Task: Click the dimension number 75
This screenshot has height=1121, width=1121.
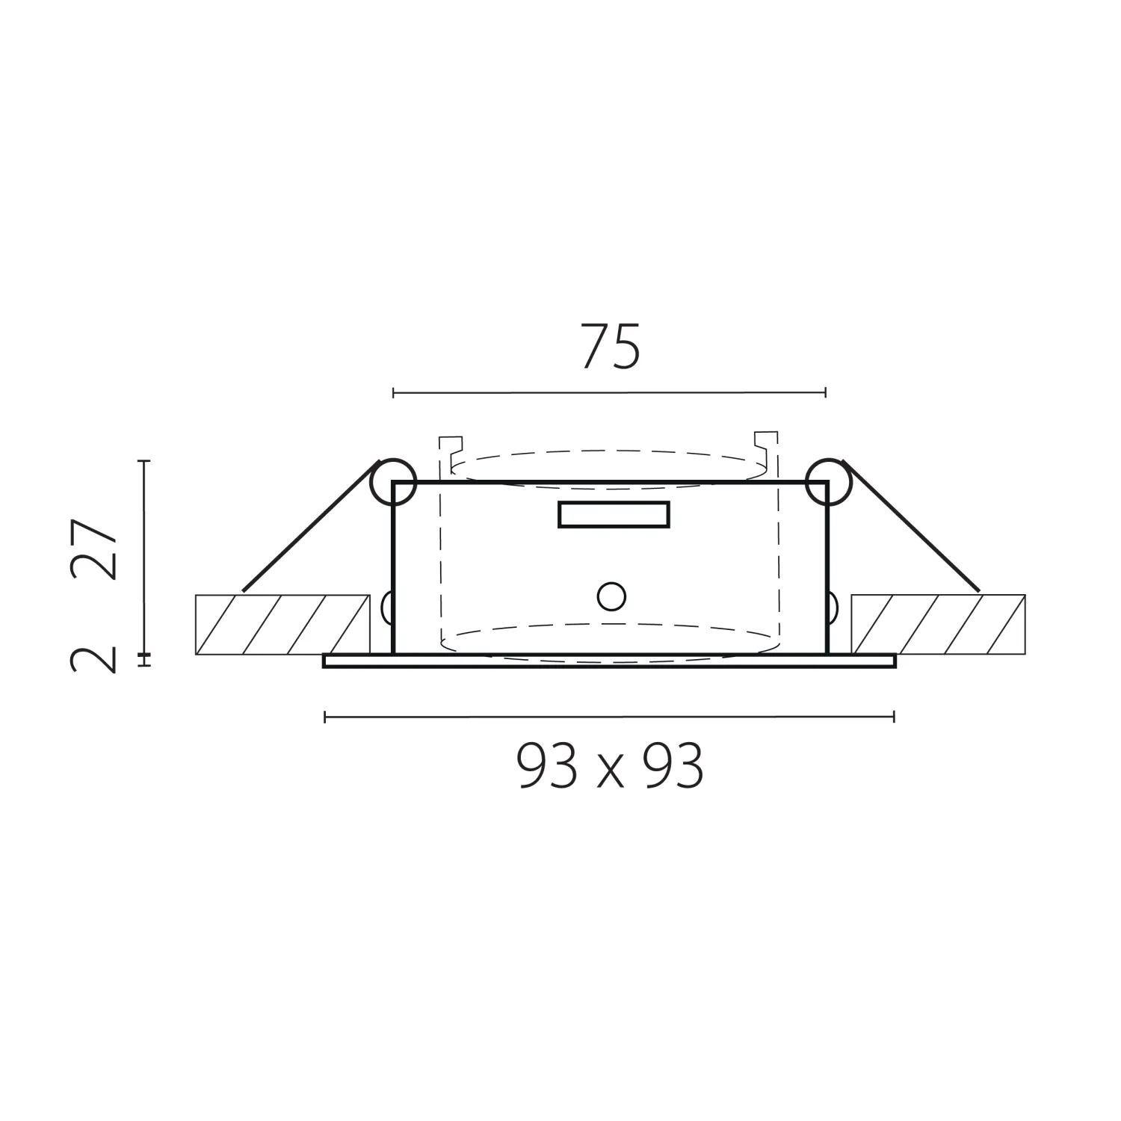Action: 611,347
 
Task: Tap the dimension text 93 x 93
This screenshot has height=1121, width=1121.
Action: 610,768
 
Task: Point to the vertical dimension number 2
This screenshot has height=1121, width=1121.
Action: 95,661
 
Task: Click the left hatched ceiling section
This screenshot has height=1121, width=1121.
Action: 282,624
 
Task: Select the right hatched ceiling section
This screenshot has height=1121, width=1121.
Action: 939,624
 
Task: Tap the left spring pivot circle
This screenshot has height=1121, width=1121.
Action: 393,481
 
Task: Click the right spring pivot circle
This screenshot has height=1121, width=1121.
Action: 828,481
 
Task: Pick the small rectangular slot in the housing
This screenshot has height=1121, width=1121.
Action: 614,514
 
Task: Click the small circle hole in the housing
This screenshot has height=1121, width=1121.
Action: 611,596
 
